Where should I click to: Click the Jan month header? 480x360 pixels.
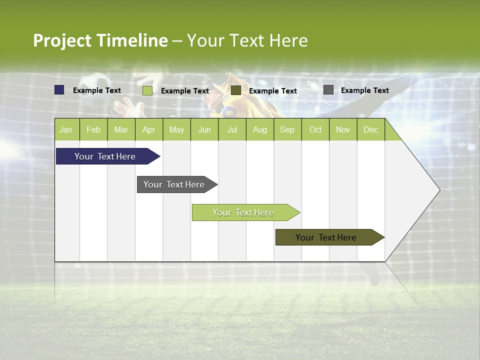click(66, 129)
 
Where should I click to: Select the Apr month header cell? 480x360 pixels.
click(148, 129)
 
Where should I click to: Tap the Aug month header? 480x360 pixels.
click(259, 129)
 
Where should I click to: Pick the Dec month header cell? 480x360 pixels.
click(370, 129)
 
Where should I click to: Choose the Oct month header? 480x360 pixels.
click(315, 129)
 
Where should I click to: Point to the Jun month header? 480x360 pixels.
click(204, 129)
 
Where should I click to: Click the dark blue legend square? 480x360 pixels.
click(59, 90)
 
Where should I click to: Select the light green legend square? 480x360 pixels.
click(147, 90)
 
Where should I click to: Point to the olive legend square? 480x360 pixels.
click(236, 90)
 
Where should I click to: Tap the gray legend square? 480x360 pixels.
click(328, 90)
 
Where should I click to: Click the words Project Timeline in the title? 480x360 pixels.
click(100, 40)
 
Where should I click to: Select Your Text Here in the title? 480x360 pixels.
click(247, 40)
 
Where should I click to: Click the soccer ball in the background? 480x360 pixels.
click(95, 89)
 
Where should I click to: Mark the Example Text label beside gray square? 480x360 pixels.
click(364, 90)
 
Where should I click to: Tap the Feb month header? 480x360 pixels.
click(93, 129)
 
